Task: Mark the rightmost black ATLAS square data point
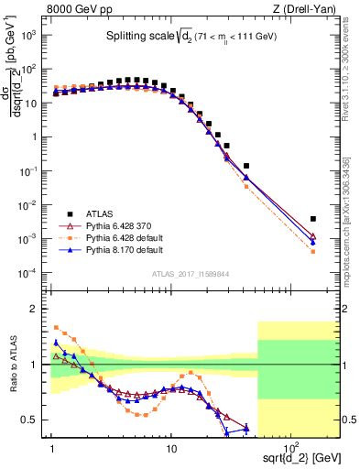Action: click(x=313, y=219)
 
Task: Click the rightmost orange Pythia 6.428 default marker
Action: click(x=313, y=252)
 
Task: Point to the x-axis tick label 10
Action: click(x=171, y=448)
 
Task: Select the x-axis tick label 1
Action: click(x=52, y=448)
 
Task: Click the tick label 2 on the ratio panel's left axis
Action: click(x=41, y=309)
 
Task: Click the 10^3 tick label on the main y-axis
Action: click(x=36, y=35)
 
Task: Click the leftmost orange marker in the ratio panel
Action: click(x=56, y=327)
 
